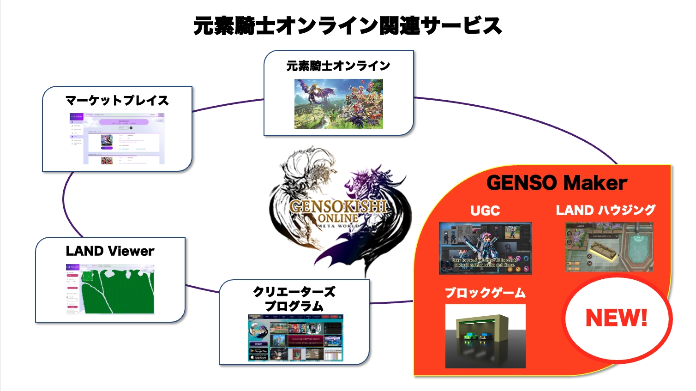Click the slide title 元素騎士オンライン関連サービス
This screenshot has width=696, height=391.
[x=347, y=26]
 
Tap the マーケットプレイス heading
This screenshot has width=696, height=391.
[x=117, y=100]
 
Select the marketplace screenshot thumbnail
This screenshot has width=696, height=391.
[x=117, y=138]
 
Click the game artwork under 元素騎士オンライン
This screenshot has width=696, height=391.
[x=338, y=104]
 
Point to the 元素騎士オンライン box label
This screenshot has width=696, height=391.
[x=338, y=66]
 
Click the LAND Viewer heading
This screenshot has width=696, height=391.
[x=110, y=251]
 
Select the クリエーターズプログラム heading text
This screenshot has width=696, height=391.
[x=294, y=299]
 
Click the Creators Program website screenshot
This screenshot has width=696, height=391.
[x=295, y=338]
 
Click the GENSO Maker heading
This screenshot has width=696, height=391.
[x=557, y=183]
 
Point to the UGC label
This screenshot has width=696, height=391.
[x=485, y=211]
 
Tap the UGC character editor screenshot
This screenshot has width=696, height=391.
[x=485, y=248]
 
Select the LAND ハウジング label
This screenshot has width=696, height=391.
[x=606, y=211]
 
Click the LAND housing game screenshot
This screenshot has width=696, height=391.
[x=609, y=247]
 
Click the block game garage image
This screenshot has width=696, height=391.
[x=485, y=336]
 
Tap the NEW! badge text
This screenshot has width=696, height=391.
[x=616, y=318]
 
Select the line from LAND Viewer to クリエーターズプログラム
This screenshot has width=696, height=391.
[x=202, y=289]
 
